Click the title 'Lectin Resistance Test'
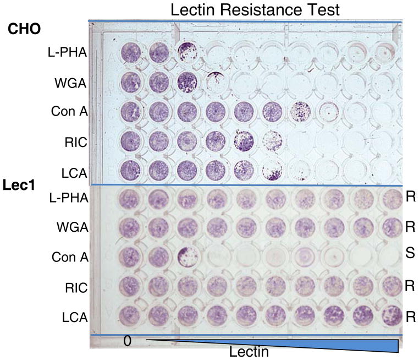[255, 9]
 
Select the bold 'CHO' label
[24, 29]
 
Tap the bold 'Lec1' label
[19, 186]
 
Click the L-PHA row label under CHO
[68, 53]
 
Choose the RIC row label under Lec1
[76, 287]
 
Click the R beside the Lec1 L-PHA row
[410, 198]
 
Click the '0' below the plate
[128, 341]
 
